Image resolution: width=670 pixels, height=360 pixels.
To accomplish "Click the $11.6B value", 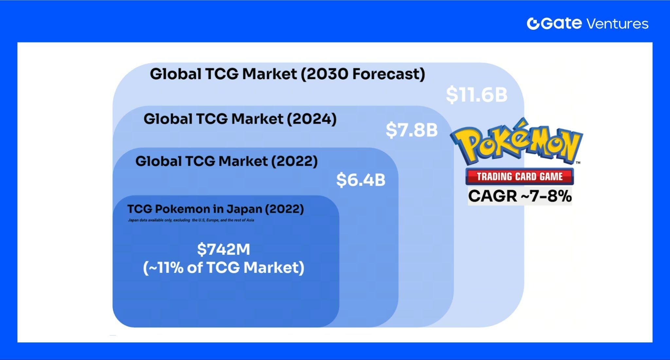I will [476, 95].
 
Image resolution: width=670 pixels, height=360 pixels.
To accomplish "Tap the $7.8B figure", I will [412, 130].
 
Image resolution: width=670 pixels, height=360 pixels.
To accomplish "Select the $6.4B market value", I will [361, 180].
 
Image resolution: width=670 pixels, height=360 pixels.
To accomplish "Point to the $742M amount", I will [223, 249].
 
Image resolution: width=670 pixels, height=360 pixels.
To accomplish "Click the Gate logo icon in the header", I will [533, 24].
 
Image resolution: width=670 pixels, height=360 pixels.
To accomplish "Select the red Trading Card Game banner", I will [520, 177].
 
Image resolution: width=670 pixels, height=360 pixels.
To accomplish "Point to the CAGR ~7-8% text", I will [520, 196].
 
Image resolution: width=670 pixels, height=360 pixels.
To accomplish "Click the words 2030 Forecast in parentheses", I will [363, 74].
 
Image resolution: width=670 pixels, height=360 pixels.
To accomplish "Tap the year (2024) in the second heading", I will [312, 119].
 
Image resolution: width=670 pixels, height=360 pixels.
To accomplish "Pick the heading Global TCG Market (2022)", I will [226, 161].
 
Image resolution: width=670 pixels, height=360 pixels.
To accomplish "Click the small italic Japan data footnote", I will [191, 220].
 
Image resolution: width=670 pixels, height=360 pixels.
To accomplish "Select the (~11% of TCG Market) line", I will [223, 267].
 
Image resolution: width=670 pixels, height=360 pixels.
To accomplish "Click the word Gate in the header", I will [561, 24].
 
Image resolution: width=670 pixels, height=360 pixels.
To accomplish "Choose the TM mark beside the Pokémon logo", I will [578, 163].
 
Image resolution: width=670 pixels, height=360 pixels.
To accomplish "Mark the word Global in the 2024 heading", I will [167, 119].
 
